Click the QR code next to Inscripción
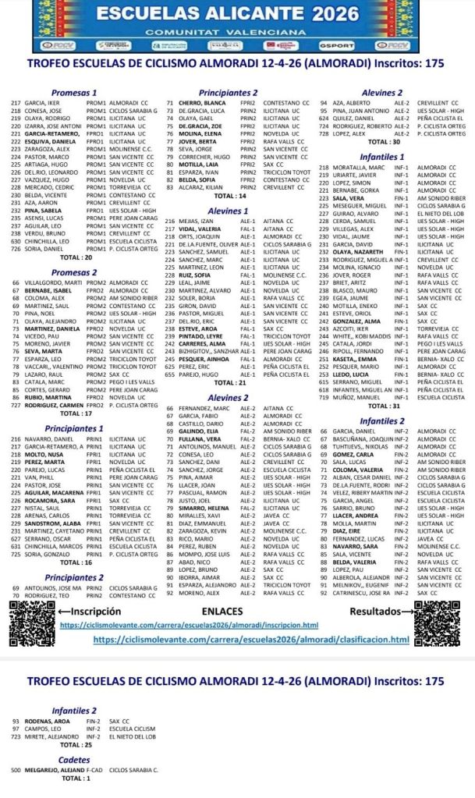(x=31, y=629)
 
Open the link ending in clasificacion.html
(x=250, y=640)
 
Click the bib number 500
(x=16, y=770)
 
